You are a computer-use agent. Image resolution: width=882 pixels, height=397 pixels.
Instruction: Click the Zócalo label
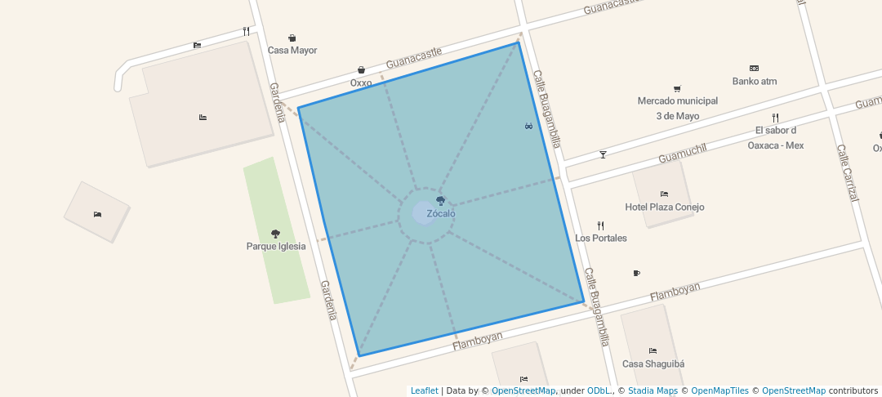(441, 214)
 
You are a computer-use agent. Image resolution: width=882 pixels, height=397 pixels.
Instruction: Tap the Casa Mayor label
(292, 51)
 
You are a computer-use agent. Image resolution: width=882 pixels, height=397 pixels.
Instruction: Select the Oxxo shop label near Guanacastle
(361, 83)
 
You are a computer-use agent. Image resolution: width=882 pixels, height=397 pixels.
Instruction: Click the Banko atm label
(754, 82)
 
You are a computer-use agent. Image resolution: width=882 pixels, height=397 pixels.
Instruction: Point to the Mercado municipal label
(677, 101)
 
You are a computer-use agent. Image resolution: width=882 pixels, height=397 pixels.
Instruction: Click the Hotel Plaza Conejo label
(664, 207)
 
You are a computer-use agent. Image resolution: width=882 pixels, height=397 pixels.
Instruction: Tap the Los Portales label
(601, 239)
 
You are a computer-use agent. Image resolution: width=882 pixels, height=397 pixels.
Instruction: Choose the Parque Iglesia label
(276, 246)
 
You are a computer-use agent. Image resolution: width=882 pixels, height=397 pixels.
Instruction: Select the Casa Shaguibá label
(653, 364)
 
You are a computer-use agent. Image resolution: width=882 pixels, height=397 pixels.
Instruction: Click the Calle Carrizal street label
(848, 172)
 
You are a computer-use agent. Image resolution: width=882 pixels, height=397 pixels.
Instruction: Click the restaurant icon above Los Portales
(600, 225)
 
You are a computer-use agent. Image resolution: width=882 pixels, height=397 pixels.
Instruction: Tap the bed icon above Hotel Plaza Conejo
(664, 194)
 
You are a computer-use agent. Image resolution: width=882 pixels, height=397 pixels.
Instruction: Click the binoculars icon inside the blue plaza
(528, 126)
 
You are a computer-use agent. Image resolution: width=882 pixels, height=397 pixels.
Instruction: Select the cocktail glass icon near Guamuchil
(603, 154)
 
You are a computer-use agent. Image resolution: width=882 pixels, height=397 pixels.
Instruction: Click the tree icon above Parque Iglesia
(275, 234)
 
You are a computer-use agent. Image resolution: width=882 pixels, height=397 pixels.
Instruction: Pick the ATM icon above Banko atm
(754, 68)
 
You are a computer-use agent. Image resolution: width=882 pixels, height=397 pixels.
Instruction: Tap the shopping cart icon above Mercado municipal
(677, 88)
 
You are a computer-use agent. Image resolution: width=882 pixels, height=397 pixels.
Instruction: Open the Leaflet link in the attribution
(424, 391)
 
